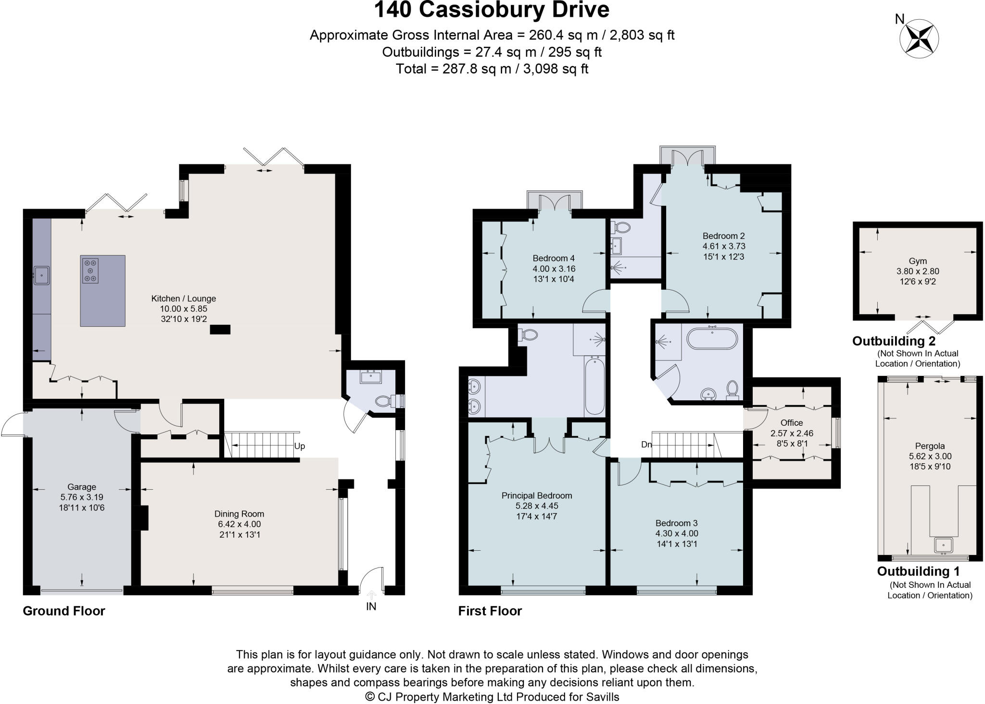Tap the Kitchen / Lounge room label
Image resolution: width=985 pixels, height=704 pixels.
(x=184, y=298)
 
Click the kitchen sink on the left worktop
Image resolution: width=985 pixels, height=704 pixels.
(x=42, y=275)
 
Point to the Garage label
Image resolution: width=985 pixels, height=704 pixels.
(x=82, y=487)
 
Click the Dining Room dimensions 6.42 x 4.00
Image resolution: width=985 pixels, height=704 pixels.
(x=240, y=524)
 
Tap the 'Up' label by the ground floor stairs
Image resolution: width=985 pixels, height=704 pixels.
(x=300, y=446)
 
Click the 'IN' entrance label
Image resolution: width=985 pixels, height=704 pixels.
(x=371, y=606)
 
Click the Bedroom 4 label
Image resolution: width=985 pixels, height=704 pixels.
(x=554, y=258)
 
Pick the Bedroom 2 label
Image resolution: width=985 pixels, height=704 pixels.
(x=723, y=235)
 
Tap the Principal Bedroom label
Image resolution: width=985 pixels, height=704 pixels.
(x=537, y=495)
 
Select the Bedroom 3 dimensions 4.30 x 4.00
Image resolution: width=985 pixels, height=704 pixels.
(x=677, y=533)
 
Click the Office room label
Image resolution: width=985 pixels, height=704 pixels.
(x=792, y=422)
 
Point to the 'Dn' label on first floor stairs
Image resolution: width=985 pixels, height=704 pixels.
(x=646, y=445)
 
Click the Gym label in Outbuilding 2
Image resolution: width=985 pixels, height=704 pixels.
(x=918, y=261)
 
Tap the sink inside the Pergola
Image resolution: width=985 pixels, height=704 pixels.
(x=943, y=546)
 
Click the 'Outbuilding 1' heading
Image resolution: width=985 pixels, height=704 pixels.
(x=918, y=571)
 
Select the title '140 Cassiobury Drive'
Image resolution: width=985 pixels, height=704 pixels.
(x=492, y=10)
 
